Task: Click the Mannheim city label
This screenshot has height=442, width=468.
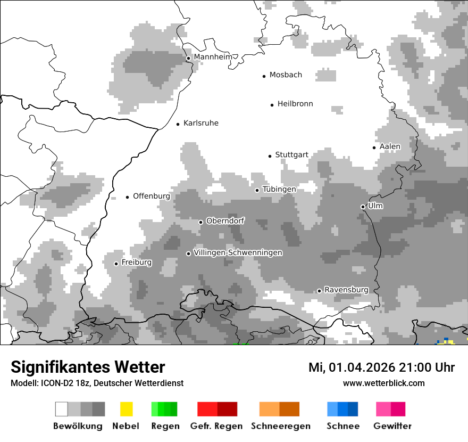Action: click(x=213, y=57)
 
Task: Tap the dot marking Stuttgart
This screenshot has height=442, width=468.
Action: click(x=270, y=156)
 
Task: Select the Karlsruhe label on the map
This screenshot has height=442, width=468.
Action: click(x=200, y=123)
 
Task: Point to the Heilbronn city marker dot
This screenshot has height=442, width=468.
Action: click(x=272, y=105)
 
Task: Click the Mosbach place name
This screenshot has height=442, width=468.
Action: click(x=286, y=75)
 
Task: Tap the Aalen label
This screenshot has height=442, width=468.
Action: click(x=390, y=146)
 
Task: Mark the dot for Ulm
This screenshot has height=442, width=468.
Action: click(x=363, y=207)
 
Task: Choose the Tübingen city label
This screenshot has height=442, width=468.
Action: click(x=279, y=190)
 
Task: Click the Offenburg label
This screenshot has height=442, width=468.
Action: click(x=152, y=196)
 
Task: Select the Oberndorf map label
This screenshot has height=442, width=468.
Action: click(x=225, y=220)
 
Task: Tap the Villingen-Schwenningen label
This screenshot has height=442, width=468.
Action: click(x=238, y=253)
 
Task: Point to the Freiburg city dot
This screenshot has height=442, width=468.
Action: click(x=116, y=264)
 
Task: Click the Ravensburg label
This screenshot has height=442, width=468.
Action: click(x=346, y=290)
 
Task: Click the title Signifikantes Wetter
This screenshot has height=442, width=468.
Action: click(x=88, y=367)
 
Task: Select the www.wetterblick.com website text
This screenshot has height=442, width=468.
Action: click(x=383, y=383)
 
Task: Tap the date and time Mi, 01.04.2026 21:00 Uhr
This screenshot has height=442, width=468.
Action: click(x=381, y=367)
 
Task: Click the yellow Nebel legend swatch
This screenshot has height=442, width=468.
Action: click(x=126, y=409)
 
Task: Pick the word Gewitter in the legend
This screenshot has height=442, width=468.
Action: click(x=392, y=426)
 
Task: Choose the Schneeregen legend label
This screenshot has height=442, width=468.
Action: click(x=280, y=426)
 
